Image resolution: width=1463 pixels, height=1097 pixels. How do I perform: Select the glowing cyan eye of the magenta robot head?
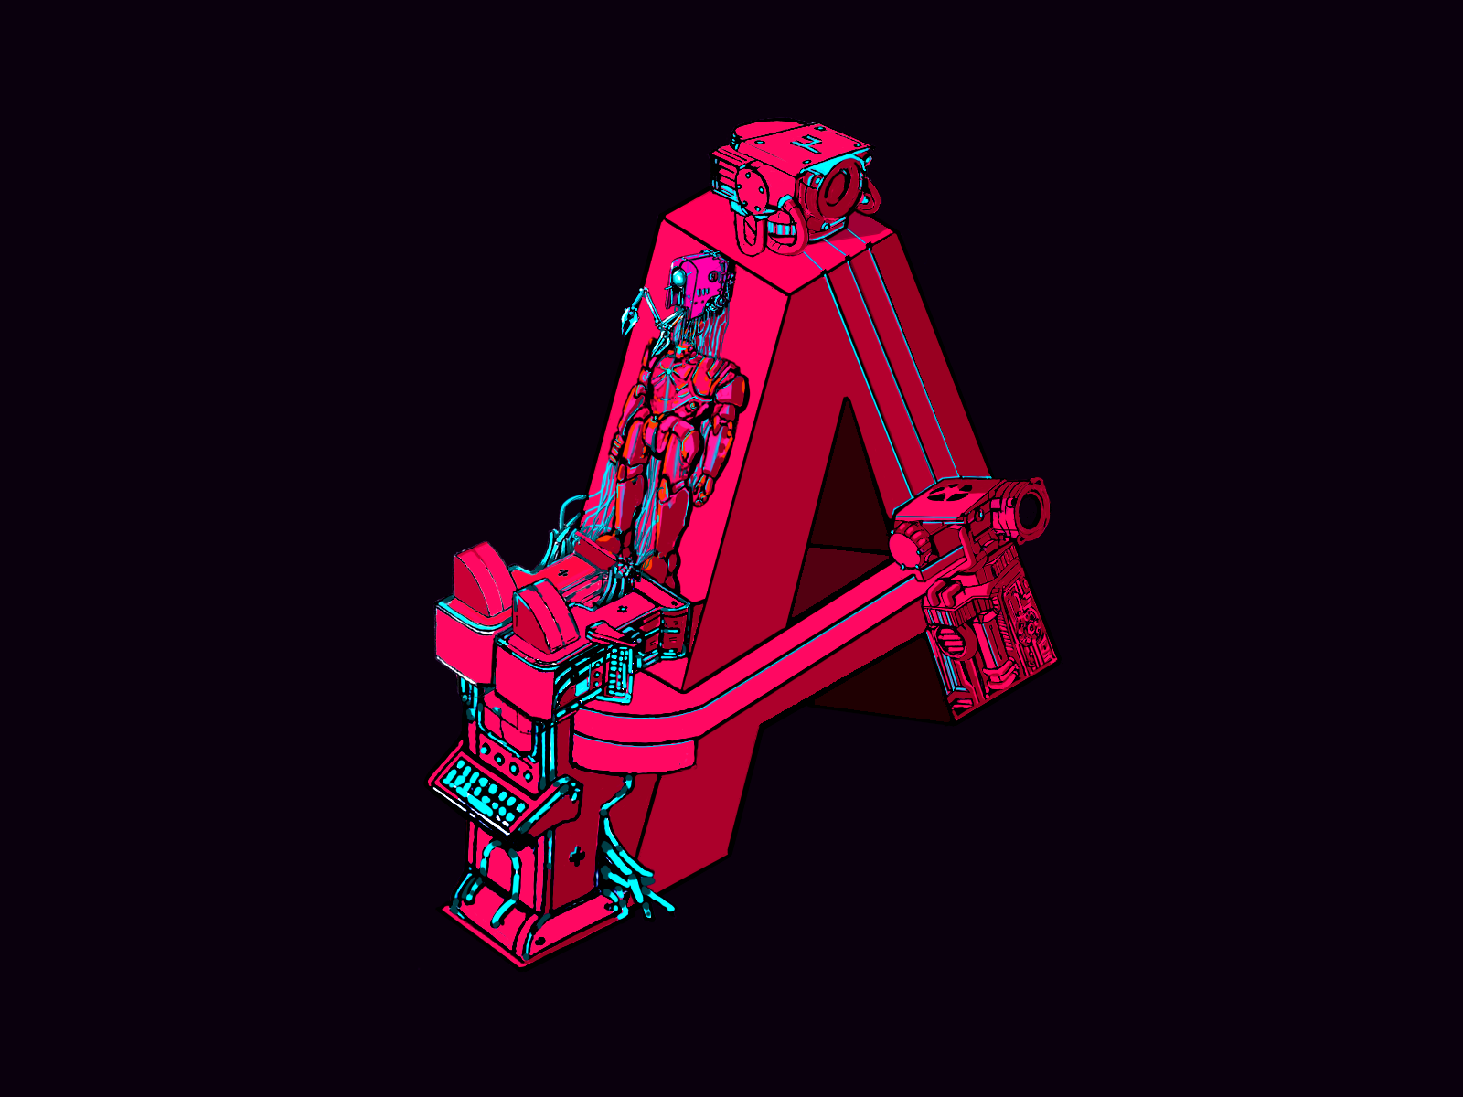tap(678, 275)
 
